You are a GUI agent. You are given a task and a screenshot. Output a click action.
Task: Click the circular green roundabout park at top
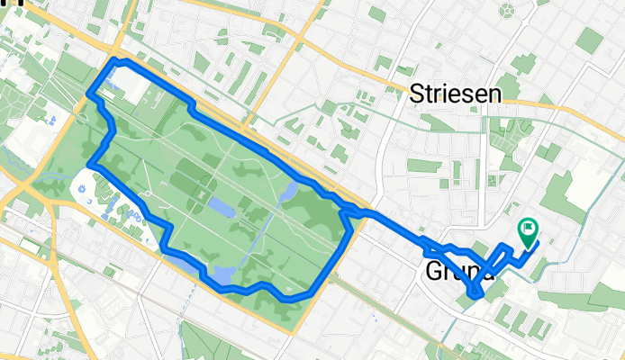tap(509, 11)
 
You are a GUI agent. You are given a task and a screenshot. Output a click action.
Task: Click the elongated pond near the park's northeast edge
tap(291, 191)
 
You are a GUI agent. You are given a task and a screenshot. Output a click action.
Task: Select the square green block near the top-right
tap(589, 40)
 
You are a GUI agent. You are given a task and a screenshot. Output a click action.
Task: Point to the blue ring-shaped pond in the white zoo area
tap(81, 190)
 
